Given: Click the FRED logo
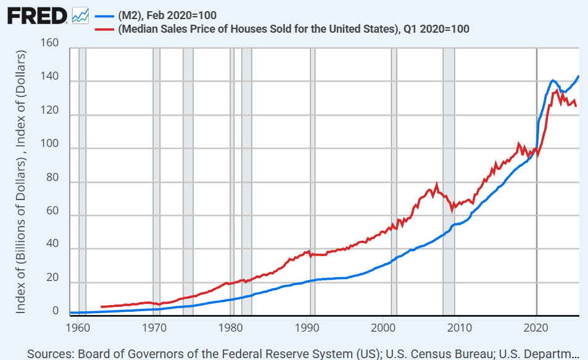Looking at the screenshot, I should tap(37, 15).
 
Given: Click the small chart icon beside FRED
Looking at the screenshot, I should tap(80, 15).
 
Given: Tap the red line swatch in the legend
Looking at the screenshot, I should tap(103, 29).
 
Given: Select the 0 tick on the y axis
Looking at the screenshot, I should tap(55, 311).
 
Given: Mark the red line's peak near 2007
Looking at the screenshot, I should tap(437, 184).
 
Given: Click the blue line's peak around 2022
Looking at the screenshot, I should tap(552, 80).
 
